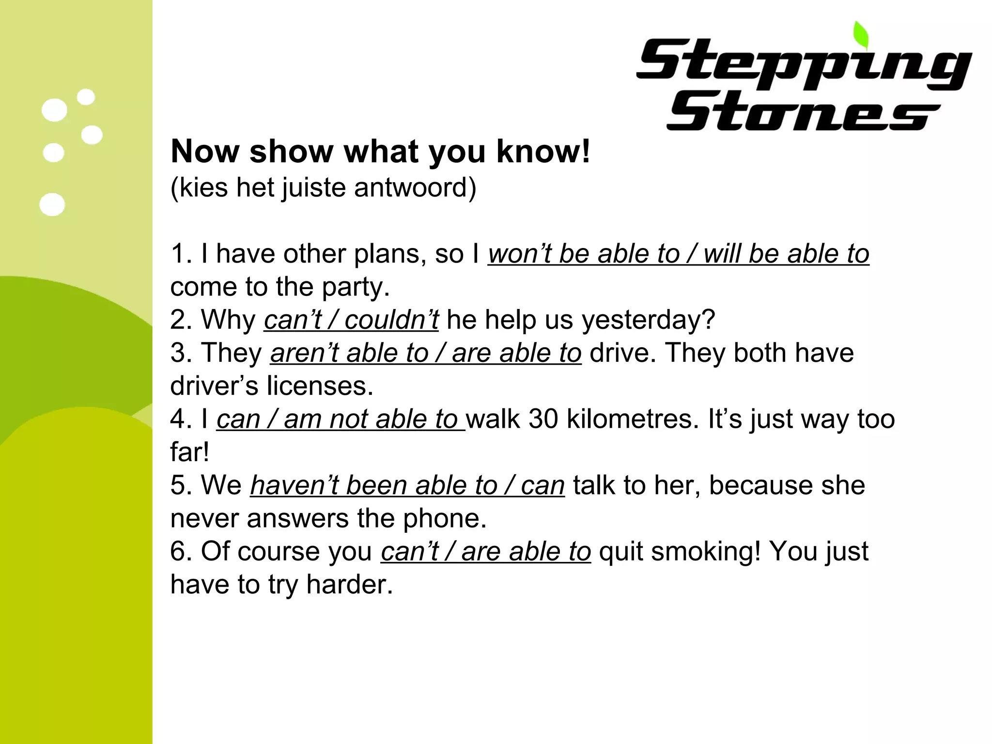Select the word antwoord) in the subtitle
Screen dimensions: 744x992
pos(415,187)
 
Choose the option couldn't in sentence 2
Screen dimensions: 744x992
pos(392,320)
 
